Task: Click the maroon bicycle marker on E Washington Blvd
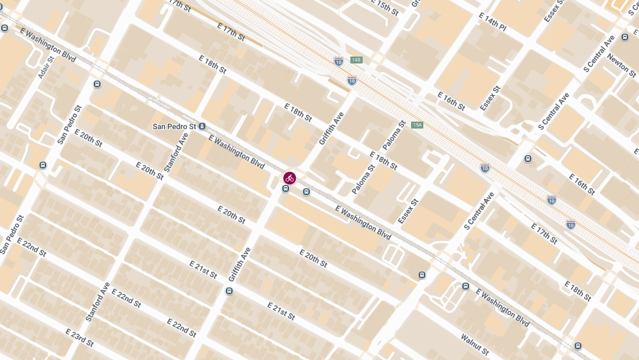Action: tap(289, 178)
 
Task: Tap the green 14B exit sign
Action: tap(356, 60)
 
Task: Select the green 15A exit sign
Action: tap(417, 125)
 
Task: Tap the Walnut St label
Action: tap(474, 345)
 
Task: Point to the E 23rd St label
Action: tap(79, 338)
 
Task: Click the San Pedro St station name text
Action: tap(174, 126)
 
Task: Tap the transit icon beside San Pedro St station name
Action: tap(202, 126)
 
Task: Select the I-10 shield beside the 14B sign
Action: tap(339, 61)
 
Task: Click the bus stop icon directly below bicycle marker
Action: tap(286, 189)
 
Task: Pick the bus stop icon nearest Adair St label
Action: tap(97, 84)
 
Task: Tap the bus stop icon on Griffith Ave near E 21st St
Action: tap(229, 291)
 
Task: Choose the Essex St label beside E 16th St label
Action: tap(490, 98)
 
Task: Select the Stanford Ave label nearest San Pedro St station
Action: tap(177, 152)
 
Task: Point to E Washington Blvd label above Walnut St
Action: tap(503, 308)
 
